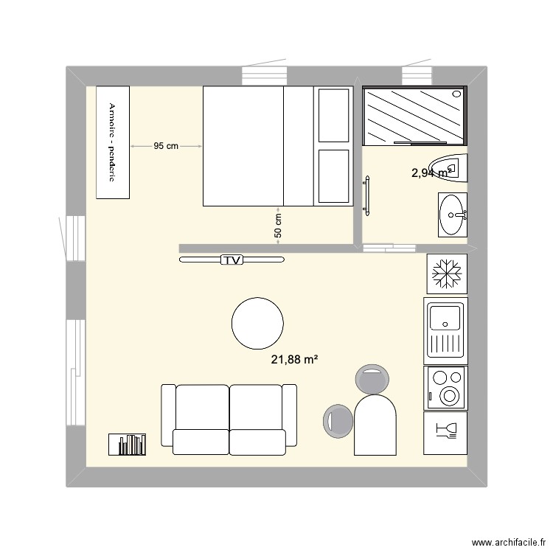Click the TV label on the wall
(232, 260)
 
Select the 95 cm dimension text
(166, 146)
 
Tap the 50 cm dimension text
(278, 225)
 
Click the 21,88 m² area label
(294, 360)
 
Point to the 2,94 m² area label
(431, 173)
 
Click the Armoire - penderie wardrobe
(113, 142)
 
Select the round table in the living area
(257, 323)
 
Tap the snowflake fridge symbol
(445, 273)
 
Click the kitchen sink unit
(445, 330)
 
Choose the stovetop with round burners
(445, 387)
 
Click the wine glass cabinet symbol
(445, 432)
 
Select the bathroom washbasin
(451, 215)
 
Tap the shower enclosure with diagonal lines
(414, 116)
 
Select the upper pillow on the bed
(333, 114)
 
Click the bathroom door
(366, 196)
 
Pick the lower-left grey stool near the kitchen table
(337, 420)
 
